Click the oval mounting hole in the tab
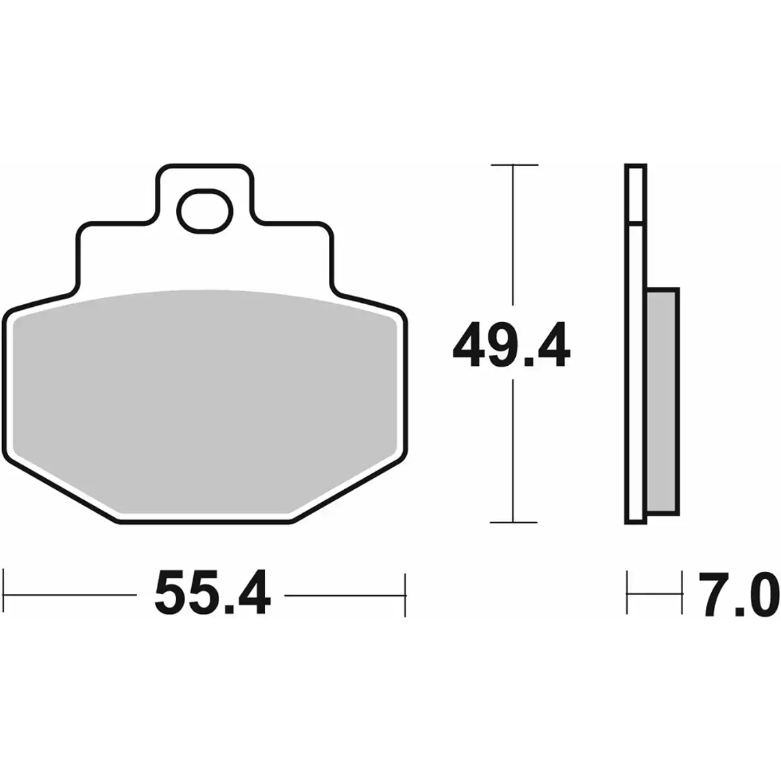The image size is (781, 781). tap(204, 210)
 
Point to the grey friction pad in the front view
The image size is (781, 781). tap(206, 397)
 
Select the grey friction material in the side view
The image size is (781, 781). tap(662, 401)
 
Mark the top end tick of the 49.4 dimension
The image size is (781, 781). tap(514, 165)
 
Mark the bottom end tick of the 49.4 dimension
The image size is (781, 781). tap(514, 523)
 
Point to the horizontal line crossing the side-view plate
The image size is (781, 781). tap(635, 223)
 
